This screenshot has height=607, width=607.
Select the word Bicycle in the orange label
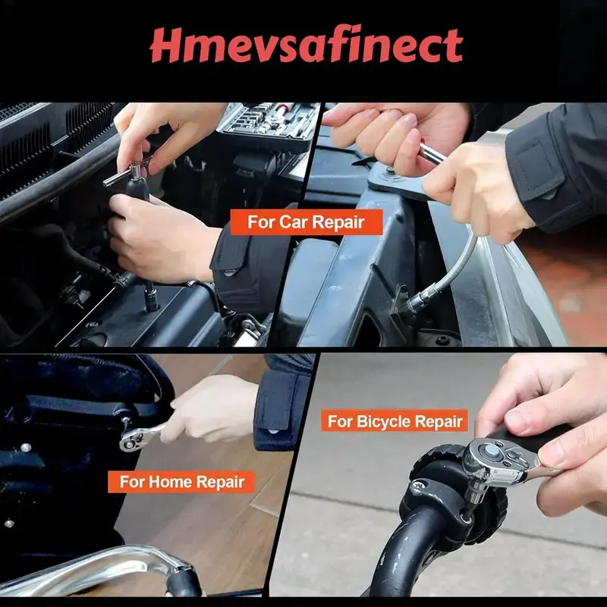point(381,421)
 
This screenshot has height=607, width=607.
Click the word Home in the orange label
point(170,482)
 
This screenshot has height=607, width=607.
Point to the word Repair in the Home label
point(220,483)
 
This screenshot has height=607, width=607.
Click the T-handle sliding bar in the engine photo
point(126,172)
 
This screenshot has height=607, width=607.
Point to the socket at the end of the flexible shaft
point(411,302)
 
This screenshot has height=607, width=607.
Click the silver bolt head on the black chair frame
point(26,448)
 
